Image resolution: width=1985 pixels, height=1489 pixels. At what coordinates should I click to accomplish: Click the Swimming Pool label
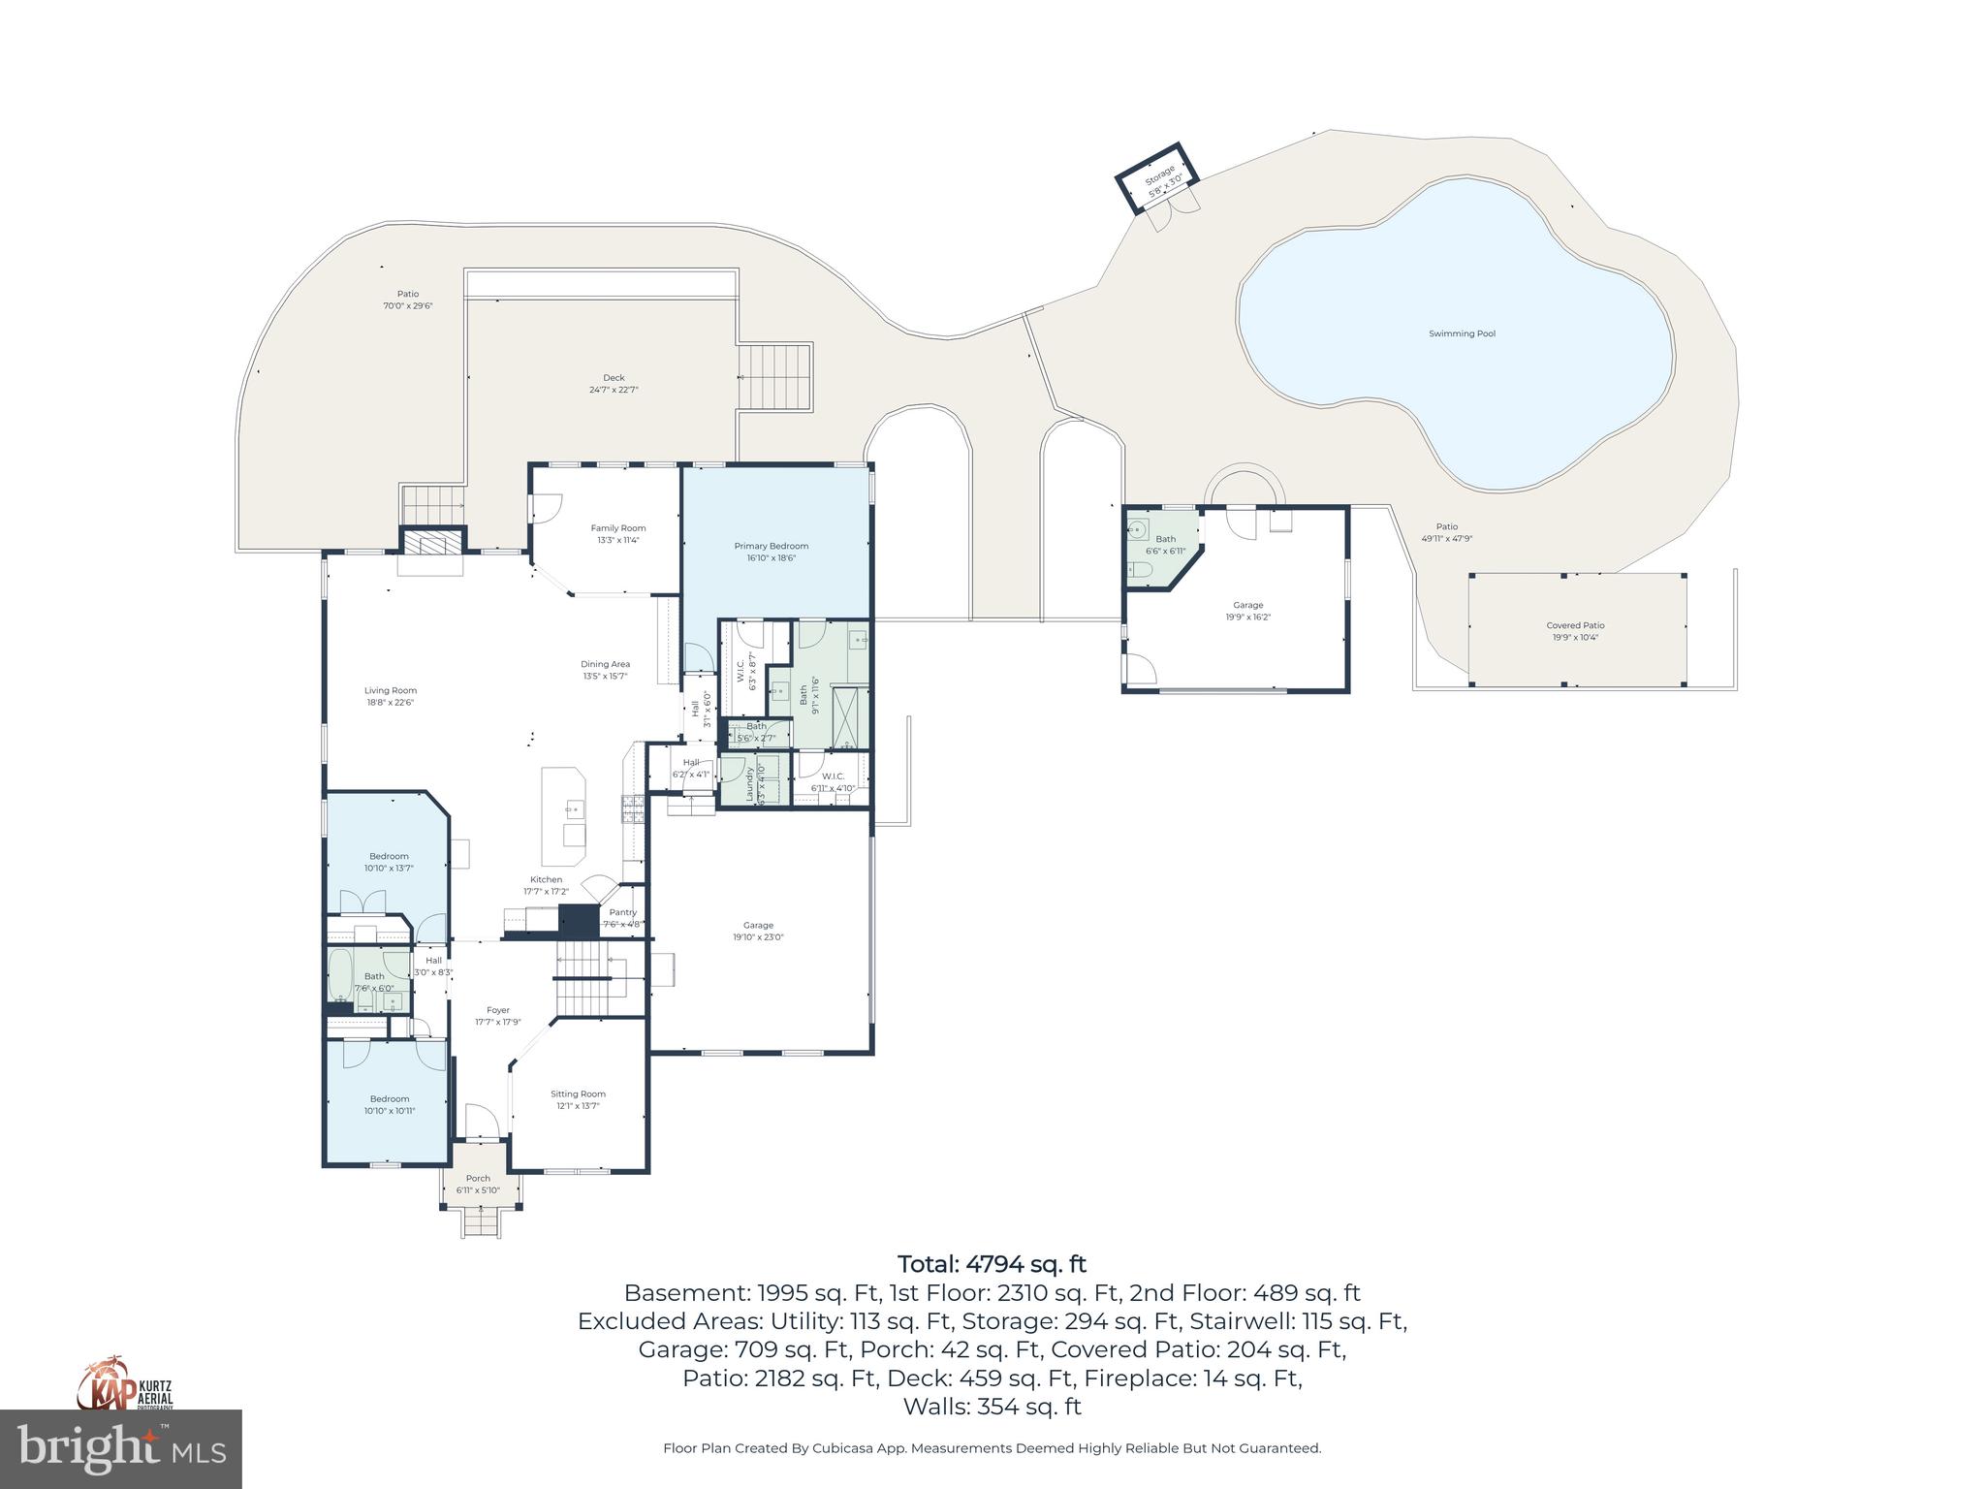pos(1462,333)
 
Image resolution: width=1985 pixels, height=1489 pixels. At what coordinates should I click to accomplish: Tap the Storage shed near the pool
pos(1157,181)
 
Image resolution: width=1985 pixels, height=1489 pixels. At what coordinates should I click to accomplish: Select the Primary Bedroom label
pos(771,547)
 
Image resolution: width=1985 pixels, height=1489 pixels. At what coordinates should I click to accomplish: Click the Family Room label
pos(618,528)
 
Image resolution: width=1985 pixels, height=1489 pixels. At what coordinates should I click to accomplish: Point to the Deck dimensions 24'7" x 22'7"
pos(614,390)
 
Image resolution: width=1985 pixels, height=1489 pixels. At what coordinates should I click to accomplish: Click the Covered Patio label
pos(1575,625)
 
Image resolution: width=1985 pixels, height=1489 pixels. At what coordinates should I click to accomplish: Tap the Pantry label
pos(622,912)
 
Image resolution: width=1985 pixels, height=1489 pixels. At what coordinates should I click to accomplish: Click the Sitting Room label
pos(579,1093)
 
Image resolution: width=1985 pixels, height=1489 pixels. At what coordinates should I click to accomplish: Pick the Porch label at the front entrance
pos(478,1179)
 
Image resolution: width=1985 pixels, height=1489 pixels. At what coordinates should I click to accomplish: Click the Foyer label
pos(498,1010)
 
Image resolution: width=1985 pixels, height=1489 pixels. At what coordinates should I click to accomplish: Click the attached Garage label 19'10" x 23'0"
pos(758,925)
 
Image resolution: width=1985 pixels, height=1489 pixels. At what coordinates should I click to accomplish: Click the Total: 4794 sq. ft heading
pos(992,1264)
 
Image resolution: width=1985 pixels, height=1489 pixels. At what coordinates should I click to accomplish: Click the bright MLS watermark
pos(120,1448)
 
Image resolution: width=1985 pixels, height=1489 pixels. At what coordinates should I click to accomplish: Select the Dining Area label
pos(605,664)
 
